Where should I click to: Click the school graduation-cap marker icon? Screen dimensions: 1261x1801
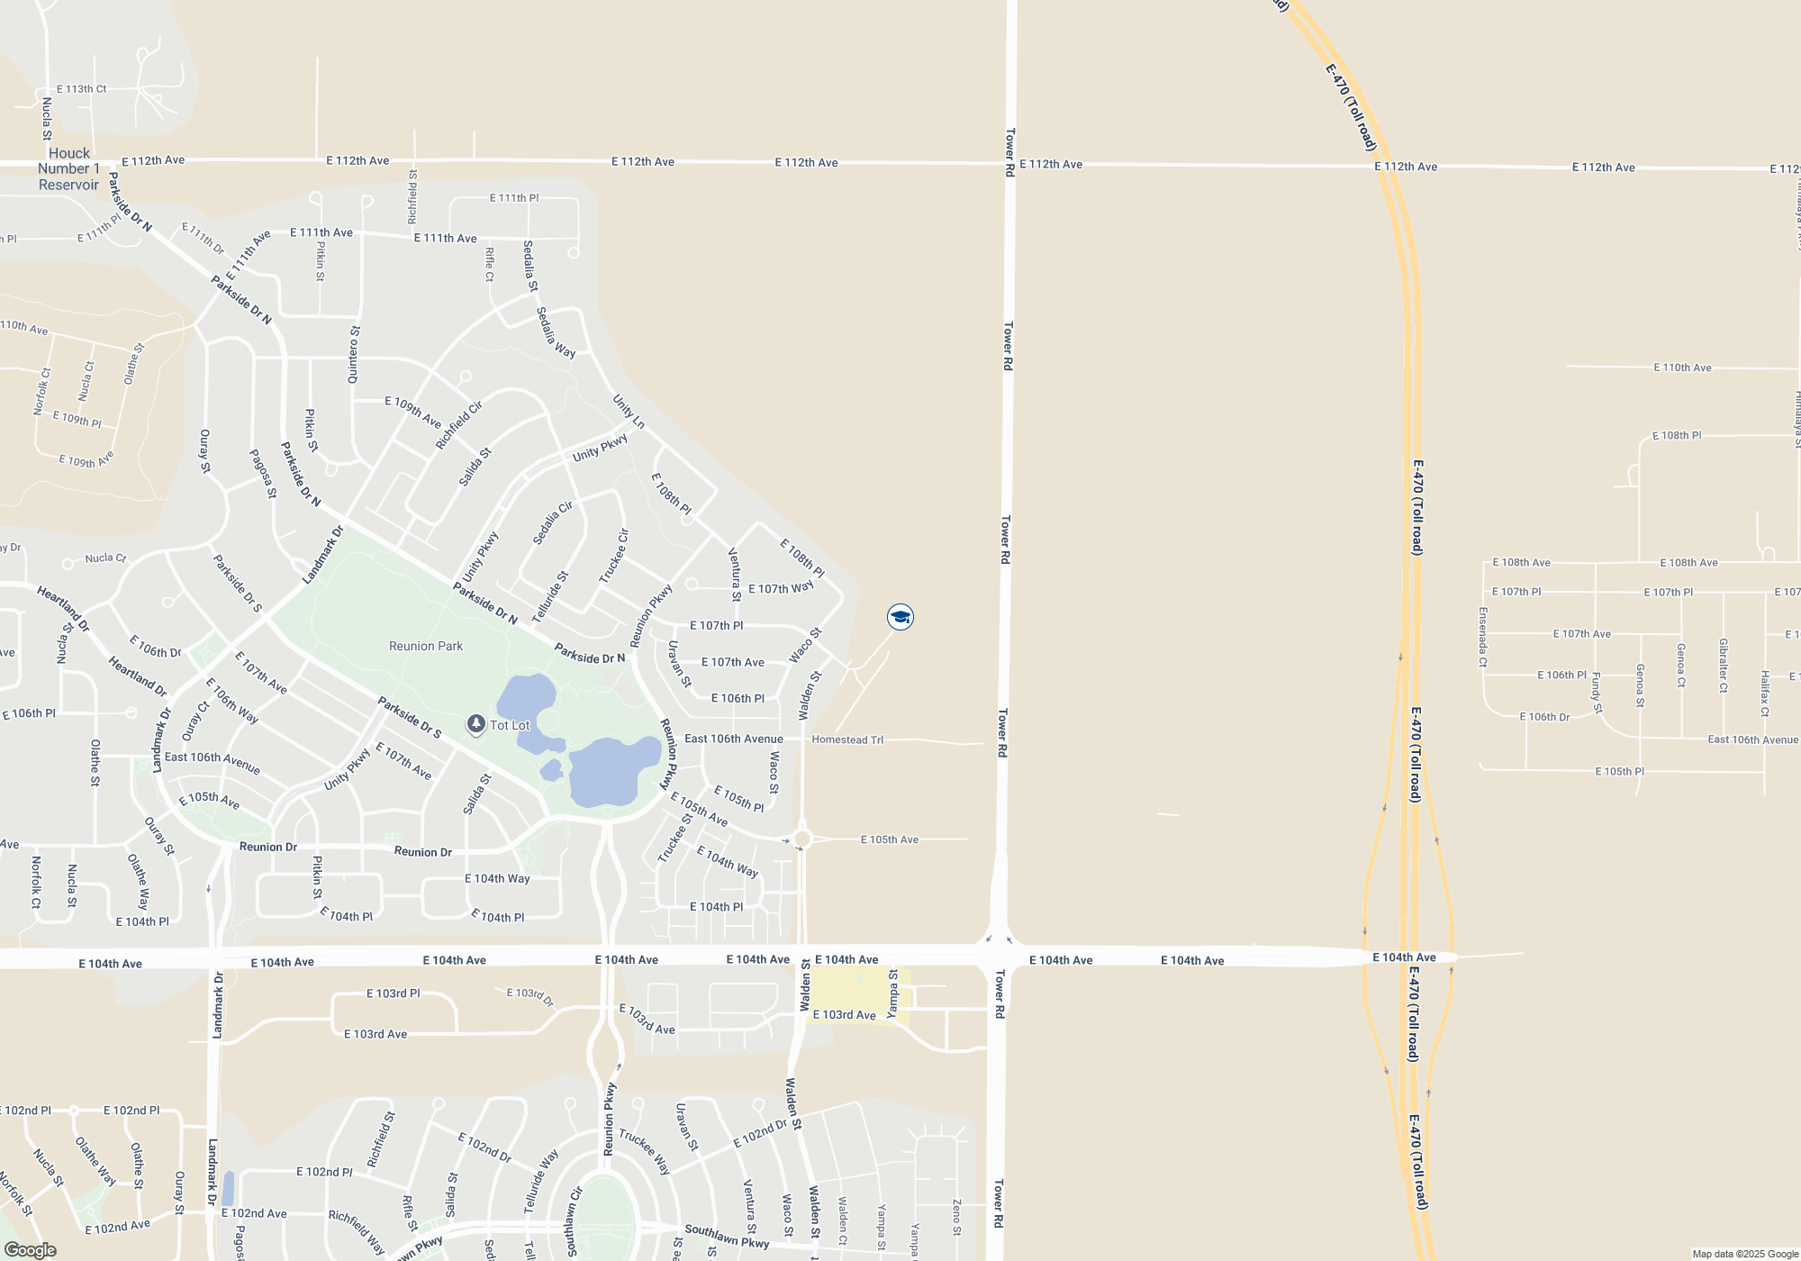point(900,617)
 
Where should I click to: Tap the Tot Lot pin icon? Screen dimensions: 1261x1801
point(476,724)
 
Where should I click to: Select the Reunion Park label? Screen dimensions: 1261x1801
point(426,646)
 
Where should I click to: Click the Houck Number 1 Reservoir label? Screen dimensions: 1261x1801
point(68,169)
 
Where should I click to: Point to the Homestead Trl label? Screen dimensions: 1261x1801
point(847,739)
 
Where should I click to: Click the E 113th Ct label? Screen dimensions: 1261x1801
point(82,89)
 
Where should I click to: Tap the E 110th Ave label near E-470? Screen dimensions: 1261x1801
point(1682,367)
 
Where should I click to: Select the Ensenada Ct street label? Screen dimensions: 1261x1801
point(1483,638)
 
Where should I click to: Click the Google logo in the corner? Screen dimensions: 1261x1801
point(31,1250)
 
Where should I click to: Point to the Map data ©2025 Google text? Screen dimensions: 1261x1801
point(1745,1254)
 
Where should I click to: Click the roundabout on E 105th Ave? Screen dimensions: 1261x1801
point(802,839)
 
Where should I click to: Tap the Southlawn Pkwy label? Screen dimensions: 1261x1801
point(727,1236)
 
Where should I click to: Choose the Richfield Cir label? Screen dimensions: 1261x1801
point(459,425)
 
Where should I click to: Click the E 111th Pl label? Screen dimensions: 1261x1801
point(514,198)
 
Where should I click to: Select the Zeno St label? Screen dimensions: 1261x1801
point(957,1217)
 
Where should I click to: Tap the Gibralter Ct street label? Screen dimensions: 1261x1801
point(1723,666)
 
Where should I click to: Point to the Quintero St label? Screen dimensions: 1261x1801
point(354,355)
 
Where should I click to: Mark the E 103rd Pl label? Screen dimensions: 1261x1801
point(393,993)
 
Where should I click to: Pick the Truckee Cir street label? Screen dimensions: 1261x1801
point(614,556)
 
